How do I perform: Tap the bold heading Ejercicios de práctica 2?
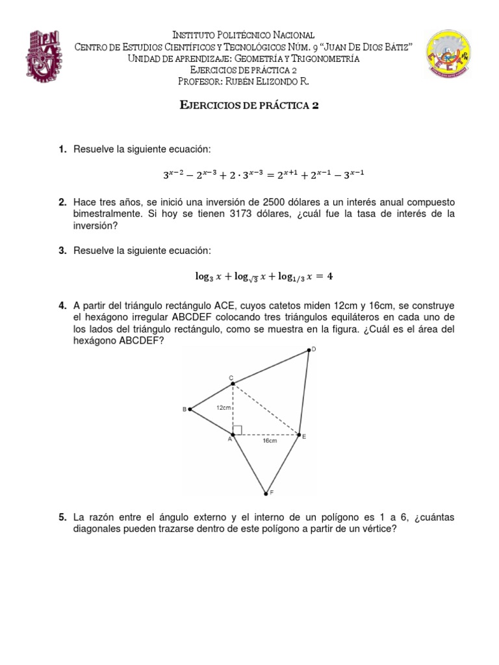click(249, 107)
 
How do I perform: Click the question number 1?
click(62, 150)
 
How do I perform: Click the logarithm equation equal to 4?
click(264, 276)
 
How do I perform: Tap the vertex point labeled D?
click(309, 351)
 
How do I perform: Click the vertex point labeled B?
click(189, 409)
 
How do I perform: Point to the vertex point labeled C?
click(233, 384)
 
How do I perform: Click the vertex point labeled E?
click(298, 434)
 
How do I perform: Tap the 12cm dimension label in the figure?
click(223, 407)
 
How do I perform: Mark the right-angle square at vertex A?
click(237, 430)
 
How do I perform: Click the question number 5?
click(62, 518)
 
